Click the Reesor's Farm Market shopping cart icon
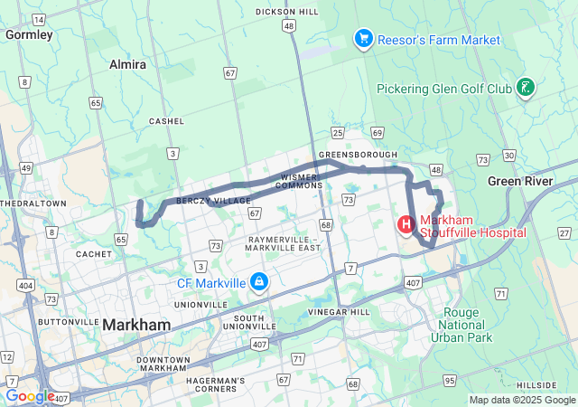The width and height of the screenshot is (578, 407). [363, 39]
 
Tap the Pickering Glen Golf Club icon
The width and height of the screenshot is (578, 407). [524, 88]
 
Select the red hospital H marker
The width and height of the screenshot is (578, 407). [406, 223]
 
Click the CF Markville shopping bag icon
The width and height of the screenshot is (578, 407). [260, 283]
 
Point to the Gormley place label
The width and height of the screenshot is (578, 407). [29, 34]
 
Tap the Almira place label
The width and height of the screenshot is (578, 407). [127, 65]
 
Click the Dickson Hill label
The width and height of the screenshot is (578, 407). [287, 12]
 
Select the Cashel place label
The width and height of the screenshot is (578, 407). [167, 120]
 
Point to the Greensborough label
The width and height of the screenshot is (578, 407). [359, 155]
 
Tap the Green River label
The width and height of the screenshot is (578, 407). [520, 181]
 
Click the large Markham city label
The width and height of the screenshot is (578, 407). [136, 325]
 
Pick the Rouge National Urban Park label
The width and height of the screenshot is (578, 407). [468, 326]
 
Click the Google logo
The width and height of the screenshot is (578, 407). [30, 396]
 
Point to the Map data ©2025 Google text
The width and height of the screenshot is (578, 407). [521, 400]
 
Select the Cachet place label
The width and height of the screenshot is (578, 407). [94, 254]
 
